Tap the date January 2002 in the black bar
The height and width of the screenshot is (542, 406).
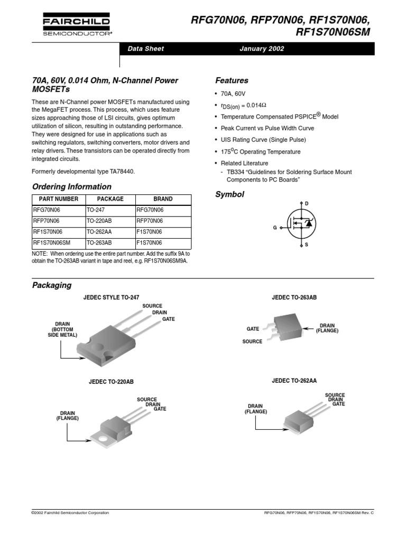point(262,49)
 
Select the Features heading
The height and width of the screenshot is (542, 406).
point(232,80)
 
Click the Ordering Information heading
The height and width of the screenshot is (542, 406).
point(72,187)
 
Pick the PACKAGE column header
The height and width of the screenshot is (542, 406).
point(110,199)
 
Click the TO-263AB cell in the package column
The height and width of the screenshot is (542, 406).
point(99,243)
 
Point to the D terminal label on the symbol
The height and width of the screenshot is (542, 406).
point(307,203)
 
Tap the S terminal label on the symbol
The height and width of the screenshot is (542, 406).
point(307,245)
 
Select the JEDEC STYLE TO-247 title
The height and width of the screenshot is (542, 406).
point(111,297)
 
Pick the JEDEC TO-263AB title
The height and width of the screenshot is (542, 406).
point(294,297)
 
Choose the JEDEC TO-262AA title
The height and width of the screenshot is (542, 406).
point(294,381)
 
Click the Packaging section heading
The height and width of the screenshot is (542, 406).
point(52,285)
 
